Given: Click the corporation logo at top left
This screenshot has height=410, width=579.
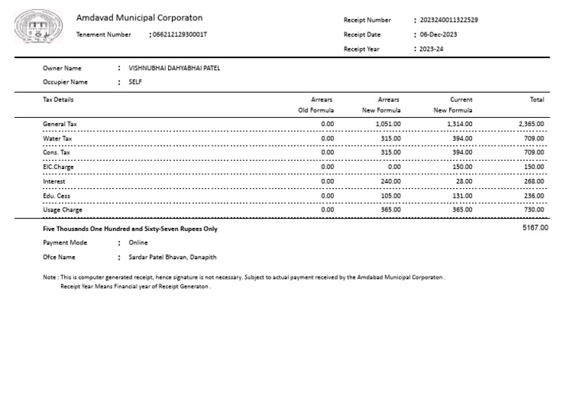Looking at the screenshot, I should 34,28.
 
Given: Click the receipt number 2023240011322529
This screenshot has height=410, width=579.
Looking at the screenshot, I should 449,20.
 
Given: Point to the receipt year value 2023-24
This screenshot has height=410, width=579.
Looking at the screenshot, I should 432,49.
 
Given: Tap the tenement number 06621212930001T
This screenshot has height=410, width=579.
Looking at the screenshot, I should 179,35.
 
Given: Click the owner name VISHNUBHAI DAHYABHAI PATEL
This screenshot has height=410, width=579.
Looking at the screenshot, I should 174,68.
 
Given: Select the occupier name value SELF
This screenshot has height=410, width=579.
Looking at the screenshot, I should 136,82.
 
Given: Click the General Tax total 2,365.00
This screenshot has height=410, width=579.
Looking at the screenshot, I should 531,124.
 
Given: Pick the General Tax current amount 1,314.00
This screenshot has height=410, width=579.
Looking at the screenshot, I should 460,124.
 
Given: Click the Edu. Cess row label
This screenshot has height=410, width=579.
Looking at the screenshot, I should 57,196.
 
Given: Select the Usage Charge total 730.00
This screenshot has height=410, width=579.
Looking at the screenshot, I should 534,210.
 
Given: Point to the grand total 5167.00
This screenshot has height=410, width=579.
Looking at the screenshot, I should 535,227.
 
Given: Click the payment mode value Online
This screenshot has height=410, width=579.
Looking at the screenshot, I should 138,243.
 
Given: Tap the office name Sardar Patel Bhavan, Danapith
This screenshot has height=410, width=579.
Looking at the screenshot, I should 173,257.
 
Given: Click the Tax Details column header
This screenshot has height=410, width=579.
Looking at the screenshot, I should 59,100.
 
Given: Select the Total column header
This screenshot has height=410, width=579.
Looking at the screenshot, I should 537,100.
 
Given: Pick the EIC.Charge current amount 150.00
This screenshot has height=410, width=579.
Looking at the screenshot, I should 462,167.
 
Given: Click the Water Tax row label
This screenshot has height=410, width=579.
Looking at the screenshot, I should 57,138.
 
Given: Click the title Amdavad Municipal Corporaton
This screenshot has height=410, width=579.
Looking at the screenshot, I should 139,18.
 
